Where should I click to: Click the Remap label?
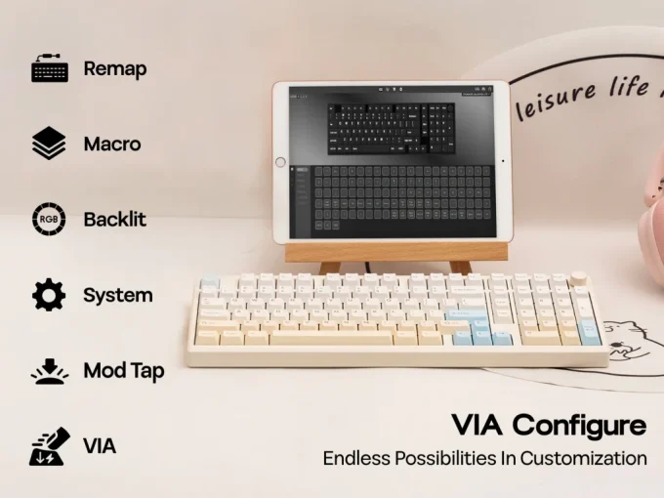[114, 68]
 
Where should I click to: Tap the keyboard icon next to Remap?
[49, 69]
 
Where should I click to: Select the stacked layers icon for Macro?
[49, 145]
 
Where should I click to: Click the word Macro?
[111, 145]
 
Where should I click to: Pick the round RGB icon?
[49, 219]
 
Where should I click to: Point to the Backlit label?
[114, 220]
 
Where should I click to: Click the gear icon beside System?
[49, 295]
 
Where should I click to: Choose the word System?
[117, 295]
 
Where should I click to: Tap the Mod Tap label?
[123, 371]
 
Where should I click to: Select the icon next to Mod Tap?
[49, 370]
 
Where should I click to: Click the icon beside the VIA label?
[49, 446]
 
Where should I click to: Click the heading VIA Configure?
[548, 426]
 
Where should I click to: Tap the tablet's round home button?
[281, 162]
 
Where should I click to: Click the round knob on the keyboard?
[578, 278]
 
